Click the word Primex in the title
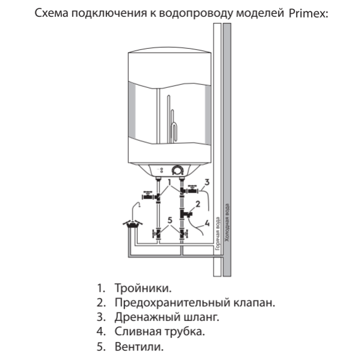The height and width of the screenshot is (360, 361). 307,13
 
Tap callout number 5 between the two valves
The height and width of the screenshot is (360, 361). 170,221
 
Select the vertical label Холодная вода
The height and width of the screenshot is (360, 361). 227,222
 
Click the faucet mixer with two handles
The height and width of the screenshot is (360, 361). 132,225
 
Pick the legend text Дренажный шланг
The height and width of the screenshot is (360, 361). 166,317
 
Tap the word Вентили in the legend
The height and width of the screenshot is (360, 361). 138,347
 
